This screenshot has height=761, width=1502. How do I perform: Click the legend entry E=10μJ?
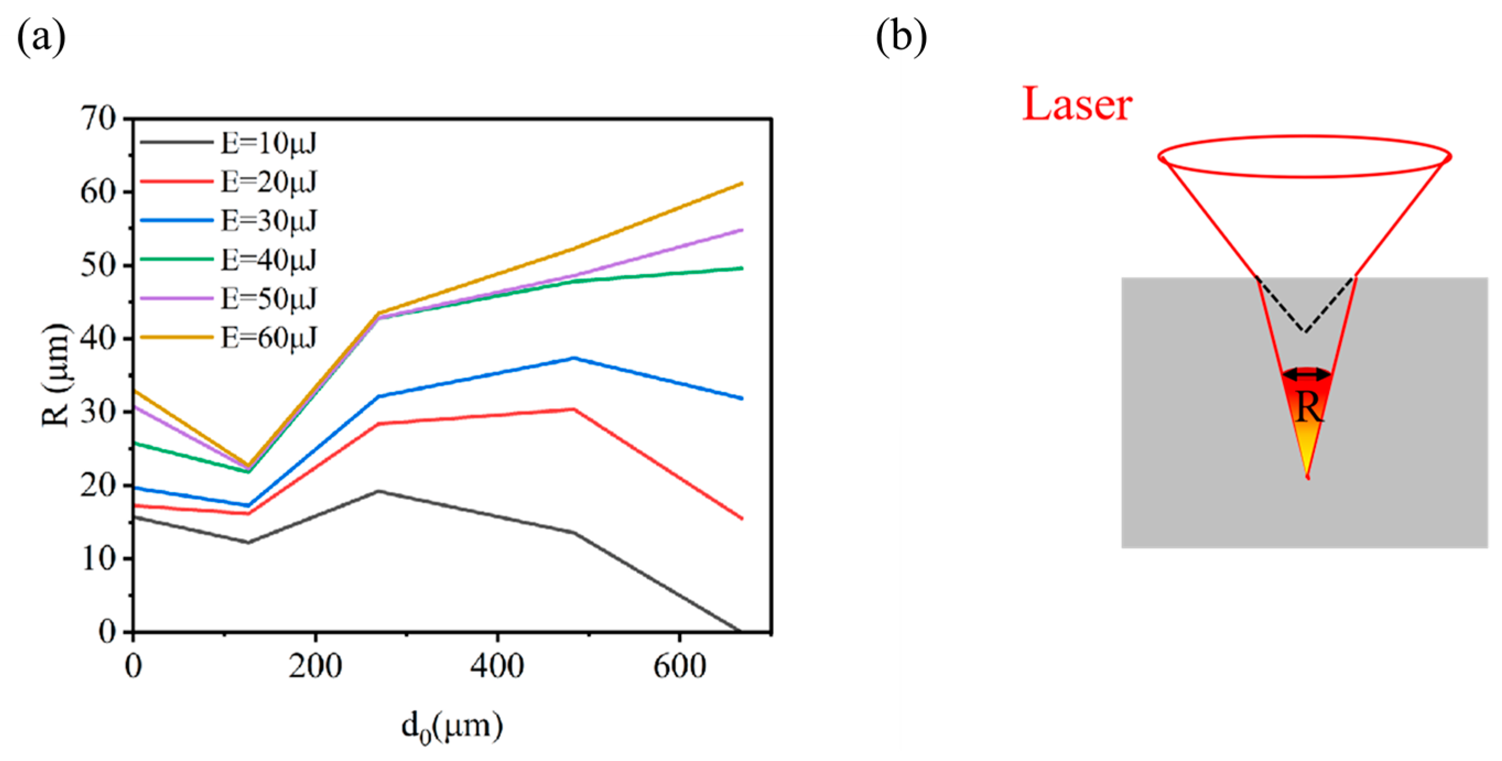pyautogui.click(x=268, y=143)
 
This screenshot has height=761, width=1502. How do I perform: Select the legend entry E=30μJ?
pyautogui.click(x=268, y=220)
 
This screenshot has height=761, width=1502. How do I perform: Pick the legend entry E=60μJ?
pyautogui.click(x=268, y=337)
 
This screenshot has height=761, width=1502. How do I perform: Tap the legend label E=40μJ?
pyautogui.click(x=268, y=259)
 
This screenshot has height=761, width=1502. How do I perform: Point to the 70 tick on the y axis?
pyautogui.click(x=99, y=119)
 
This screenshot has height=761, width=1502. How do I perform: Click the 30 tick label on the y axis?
pyautogui.click(x=99, y=412)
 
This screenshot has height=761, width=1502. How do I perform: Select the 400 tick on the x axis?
pyautogui.click(x=497, y=665)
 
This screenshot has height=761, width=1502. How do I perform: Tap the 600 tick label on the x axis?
pyautogui.click(x=679, y=665)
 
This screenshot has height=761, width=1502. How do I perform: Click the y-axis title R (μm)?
pyautogui.click(x=57, y=375)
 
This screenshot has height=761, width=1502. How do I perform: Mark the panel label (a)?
pyautogui.click(x=41, y=39)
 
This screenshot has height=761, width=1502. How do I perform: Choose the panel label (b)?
pyautogui.click(x=902, y=39)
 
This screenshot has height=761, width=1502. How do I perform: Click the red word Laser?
pyautogui.click(x=1077, y=105)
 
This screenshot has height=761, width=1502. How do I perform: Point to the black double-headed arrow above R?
pyautogui.click(x=1306, y=374)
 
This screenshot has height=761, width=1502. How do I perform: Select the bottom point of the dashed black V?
pyautogui.click(x=1305, y=332)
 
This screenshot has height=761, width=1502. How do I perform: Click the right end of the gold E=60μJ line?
pyautogui.click(x=742, y=184)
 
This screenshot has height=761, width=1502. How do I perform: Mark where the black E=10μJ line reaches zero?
pyautogui.click(x=739, y=631)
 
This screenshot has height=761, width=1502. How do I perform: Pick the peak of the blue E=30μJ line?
pyautogui.click(x=574, y=358)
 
